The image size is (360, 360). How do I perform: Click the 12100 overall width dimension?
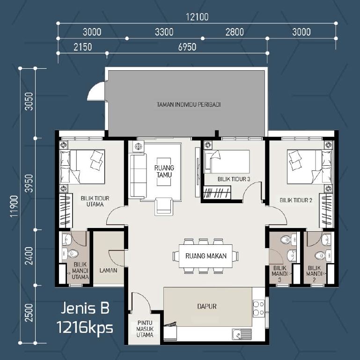click(197, 17)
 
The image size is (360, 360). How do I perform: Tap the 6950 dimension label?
click(187, 47)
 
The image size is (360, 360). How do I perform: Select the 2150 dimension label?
click(83, 47)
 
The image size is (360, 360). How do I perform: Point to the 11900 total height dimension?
click(14, 206)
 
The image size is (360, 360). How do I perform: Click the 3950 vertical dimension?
click(29, 183)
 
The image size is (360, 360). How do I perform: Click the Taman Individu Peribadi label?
click(189, 105)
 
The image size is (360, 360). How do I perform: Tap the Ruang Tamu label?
click(164, 171)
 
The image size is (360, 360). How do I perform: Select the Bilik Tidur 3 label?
click(234, 179)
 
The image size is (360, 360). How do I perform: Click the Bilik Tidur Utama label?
click(95, 201)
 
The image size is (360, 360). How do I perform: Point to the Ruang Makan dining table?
click(206, 256)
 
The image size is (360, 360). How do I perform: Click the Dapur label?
click(207, 306)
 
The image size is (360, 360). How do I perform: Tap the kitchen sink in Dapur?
click(242, 334)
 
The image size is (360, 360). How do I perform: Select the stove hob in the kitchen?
click(259, 308)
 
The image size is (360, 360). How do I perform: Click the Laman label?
click(108, 271)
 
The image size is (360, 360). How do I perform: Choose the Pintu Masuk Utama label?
click(145, 329)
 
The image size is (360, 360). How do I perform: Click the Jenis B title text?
click(85, 308)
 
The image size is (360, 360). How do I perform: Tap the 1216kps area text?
click(85, 327)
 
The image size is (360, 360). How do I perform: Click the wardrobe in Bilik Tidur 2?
click(326, 211)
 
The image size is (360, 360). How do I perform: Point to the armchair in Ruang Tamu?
click(164, 206)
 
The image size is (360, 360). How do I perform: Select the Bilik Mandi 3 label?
click(279, 274)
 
